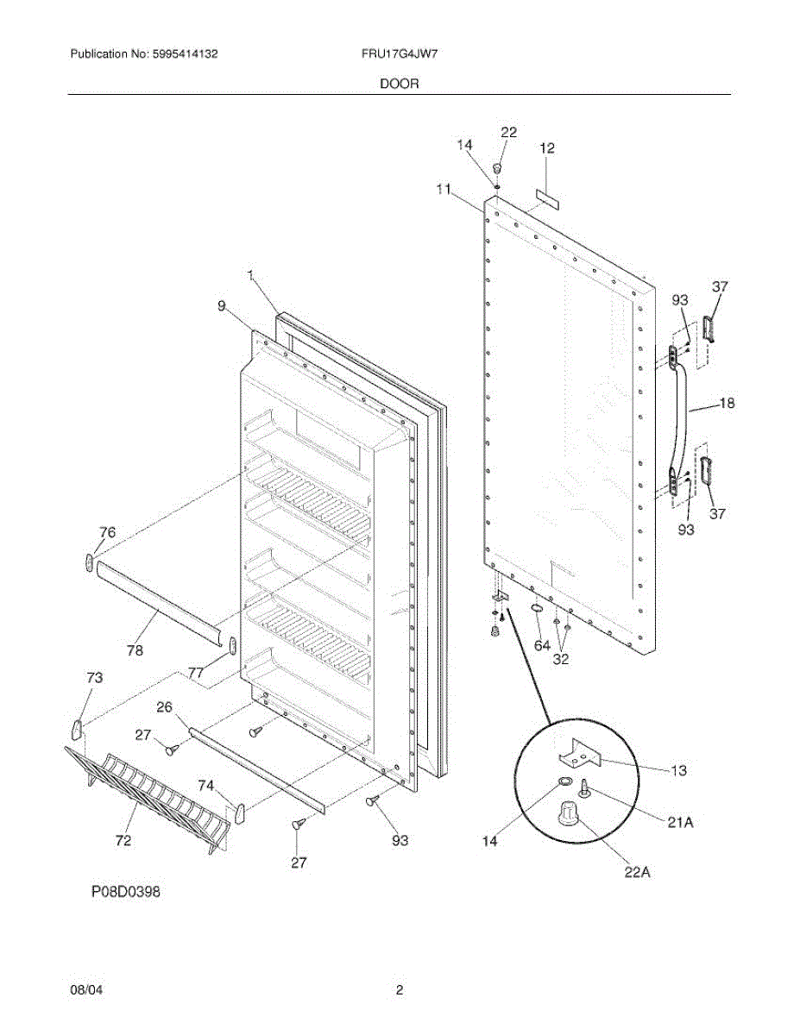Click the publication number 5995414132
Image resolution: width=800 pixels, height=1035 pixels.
point(185,53)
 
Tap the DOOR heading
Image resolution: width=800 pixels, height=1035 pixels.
point(400,84)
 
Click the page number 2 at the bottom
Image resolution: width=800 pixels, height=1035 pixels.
point(400,990)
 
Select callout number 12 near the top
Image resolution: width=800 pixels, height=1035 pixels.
point(547,148)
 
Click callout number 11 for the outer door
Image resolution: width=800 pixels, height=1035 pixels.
point(444,190)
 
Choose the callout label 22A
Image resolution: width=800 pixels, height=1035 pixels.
point(637,872)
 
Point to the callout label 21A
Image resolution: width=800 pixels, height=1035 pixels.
point(681,823)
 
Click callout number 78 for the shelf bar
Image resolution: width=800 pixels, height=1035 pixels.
point(135,650)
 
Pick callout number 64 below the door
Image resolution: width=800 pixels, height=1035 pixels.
point(541,644)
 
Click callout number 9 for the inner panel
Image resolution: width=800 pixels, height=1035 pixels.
point(222,304)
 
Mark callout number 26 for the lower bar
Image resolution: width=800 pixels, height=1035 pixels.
point(165,708)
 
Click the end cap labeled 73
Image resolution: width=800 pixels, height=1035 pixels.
point(77,729)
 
